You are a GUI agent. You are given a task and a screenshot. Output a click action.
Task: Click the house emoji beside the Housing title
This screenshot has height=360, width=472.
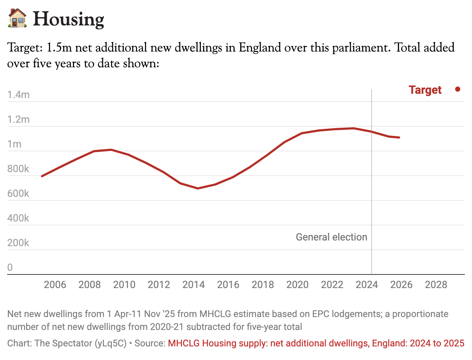click(x=17, y=19)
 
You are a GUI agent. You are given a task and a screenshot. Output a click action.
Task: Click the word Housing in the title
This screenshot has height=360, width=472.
click(x=68, y=19)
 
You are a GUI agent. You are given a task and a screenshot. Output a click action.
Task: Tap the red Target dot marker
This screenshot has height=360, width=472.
click(x=458, y=89)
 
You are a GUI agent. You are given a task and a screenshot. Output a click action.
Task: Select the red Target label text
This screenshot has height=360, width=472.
click(x=425, y=90)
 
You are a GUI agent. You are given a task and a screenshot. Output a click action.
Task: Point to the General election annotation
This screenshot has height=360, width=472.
click(x=331, y=237)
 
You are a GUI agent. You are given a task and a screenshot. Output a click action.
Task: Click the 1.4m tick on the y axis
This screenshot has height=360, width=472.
click(x=18, y=95)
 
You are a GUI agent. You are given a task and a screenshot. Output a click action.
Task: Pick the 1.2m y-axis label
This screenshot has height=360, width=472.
click(x=18, y=120)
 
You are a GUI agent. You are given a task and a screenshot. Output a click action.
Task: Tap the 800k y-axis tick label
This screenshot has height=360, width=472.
click(x=18, y=169)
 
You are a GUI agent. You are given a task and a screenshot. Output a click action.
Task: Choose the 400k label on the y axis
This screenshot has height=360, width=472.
click(x=18, y=218)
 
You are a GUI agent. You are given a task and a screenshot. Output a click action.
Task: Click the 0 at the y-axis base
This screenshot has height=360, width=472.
click(x=10, y=268)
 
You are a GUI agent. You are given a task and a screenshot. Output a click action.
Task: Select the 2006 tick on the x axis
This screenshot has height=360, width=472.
click(x=55, y=285)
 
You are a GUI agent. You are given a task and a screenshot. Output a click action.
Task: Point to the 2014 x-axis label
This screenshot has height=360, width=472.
click(x=193, y=285)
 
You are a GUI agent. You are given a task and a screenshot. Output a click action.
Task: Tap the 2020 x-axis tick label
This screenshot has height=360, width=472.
click(x=298, y=285)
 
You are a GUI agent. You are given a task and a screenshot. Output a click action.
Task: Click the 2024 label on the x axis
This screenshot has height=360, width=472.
click(x=367, y=285)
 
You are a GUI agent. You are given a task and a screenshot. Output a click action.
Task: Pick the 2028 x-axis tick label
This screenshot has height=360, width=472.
click(x=436, y=285)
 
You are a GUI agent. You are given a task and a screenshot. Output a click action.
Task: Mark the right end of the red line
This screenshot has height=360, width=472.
click(x=399, y=137)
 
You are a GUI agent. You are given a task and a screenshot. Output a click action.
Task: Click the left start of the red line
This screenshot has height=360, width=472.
click(x=42, y=176)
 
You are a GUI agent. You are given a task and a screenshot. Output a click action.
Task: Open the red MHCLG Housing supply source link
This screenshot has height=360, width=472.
click(x=316, y=344)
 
